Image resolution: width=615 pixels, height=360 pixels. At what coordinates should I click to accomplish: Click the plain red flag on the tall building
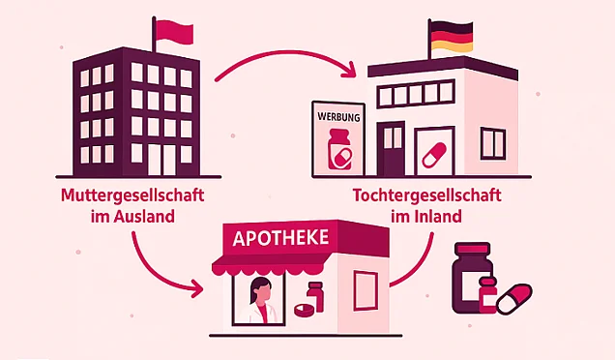coord(174,33)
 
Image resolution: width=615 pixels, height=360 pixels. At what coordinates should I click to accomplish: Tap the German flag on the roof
coord(452,37)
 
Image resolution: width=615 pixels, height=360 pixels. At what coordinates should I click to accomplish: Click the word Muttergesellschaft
coord(132,195)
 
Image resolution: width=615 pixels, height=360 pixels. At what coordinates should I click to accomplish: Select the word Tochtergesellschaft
coord(426,195)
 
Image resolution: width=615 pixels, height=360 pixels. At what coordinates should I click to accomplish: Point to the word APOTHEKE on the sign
coord(280,238)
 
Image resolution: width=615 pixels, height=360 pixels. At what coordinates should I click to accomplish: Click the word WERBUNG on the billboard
coord(338,117)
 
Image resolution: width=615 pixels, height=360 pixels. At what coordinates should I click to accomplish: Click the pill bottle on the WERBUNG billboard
coord(339,149)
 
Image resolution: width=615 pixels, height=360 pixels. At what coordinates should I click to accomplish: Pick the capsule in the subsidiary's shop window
coord(434,154)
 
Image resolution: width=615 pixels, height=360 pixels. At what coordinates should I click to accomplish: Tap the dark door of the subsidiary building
coord(391,148)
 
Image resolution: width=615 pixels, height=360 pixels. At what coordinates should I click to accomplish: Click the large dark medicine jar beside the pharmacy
coord(472,278)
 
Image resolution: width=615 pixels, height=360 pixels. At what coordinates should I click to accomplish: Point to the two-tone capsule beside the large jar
coord(514,299)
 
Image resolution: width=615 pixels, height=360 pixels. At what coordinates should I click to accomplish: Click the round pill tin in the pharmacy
coord(305,310)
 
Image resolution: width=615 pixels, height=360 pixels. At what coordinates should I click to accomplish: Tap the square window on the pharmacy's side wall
coord(366,289)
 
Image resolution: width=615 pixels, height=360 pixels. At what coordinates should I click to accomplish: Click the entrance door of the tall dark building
coord(161,160)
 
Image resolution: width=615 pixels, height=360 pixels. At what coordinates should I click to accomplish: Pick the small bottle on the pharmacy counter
coord(316,296)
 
